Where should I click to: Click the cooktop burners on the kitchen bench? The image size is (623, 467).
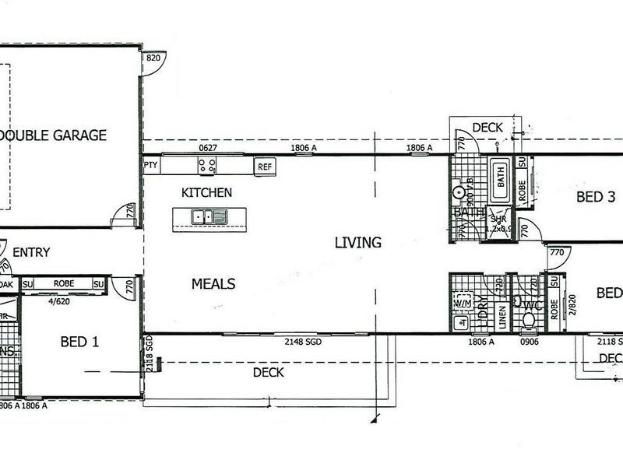click(x=207, y=165)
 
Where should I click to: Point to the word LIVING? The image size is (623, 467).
click(x=357, y=242)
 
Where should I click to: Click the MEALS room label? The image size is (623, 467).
click(x=213, y=284)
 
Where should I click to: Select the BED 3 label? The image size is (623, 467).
click(x=596, y=198)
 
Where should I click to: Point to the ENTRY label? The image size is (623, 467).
click(x=31, y=252)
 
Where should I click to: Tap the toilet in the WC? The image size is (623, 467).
click(x=530, y=318)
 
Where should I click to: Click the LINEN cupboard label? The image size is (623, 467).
click(x=502, y=314)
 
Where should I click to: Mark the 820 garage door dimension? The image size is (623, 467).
click(x=153, y=58)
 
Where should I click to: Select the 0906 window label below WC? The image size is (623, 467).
click(x=530, y=342)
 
